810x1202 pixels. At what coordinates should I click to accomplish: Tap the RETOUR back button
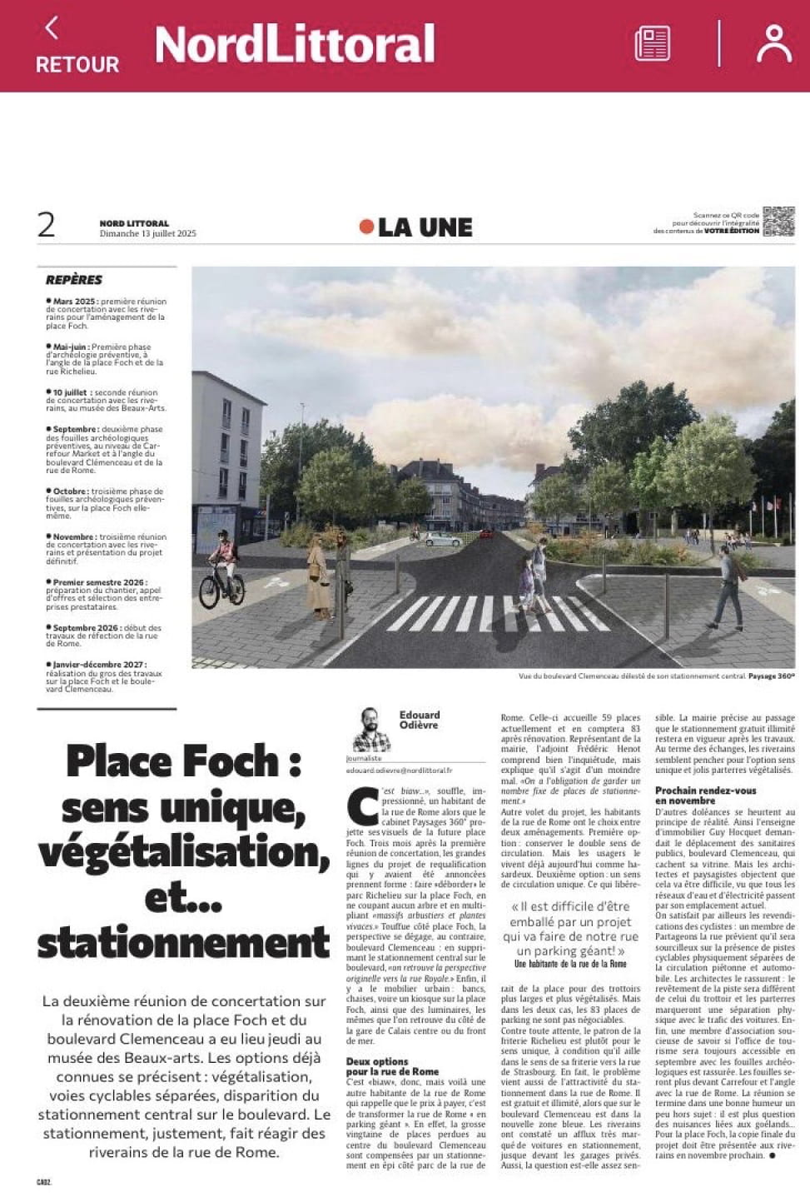tap(77, 47)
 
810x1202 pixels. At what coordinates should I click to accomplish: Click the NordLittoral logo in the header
tap(295, 45)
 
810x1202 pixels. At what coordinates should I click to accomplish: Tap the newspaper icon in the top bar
tap(652, 43)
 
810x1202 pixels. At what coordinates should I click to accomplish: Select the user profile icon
tap(773, 43)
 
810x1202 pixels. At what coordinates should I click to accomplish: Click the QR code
tap(778, 222)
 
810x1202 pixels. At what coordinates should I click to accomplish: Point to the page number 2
tap(47, 225)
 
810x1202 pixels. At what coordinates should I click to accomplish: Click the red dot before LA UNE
tap(366, 227)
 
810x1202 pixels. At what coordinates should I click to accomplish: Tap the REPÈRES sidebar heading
tap(74, 280)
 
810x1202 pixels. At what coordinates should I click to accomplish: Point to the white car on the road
tap(442, 540)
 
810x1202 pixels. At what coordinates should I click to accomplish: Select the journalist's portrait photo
tap(370, 730)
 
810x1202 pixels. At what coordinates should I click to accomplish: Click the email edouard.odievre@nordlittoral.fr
tap(399, 771)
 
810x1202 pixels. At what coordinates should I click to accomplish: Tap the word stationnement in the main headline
tap(183, 943)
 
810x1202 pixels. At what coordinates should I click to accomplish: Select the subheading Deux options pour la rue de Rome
tap(391, 1066)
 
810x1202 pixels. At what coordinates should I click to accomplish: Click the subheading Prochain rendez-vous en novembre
tap(705, 796)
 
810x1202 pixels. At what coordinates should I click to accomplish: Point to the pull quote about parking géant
tap(570, 929)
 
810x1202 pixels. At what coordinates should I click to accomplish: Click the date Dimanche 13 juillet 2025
tap(147, 234)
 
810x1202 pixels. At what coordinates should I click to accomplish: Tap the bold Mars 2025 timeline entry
tap(76, 302)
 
